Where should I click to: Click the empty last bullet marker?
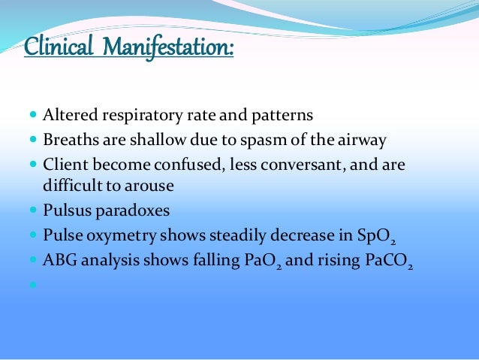click(32, 285)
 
